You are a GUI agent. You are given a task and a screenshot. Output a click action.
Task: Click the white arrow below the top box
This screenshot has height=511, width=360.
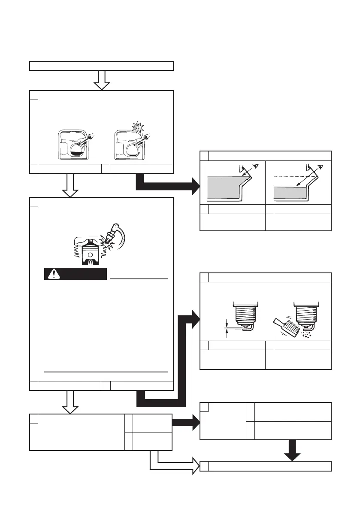(x=102, y=80)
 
